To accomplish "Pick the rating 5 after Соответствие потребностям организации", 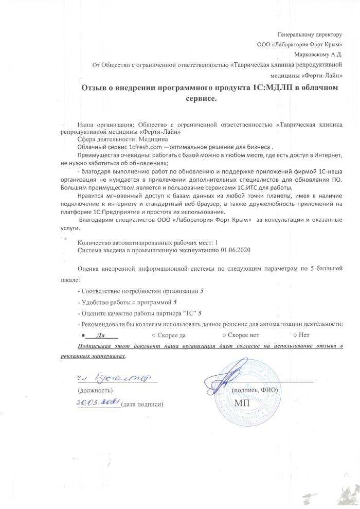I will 202,291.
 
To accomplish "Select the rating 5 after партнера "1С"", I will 200,312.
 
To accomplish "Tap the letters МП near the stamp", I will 241,402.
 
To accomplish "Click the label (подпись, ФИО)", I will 255,390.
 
